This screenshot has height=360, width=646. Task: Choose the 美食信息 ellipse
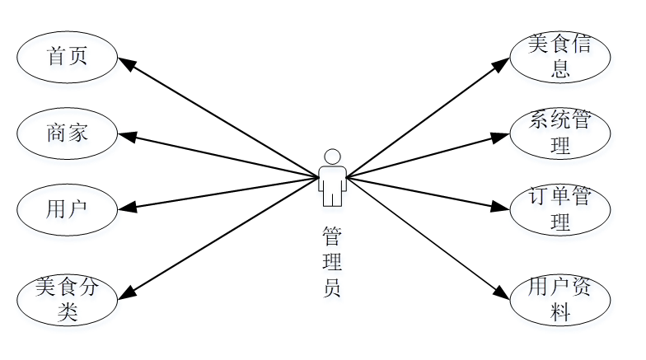(561, 57)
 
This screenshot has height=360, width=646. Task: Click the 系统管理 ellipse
(561, 133)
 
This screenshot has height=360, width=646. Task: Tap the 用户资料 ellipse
(561, 300)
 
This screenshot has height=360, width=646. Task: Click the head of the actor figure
(332, 157)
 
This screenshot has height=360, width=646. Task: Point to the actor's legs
(332, 196)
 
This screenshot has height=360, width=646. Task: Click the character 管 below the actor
(332, 236)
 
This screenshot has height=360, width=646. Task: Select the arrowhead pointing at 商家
(126, 135)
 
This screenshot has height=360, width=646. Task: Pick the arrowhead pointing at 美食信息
(503, 63)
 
